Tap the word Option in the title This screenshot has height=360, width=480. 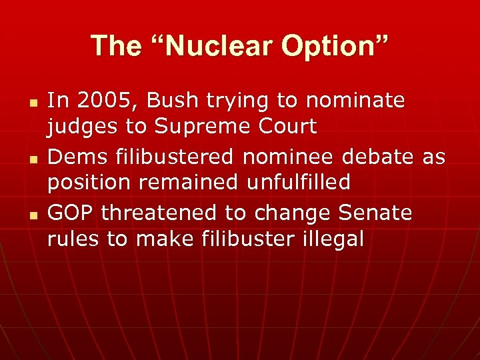[333, 45]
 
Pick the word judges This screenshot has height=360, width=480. [81, 127]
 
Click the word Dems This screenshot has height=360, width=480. [75, 157]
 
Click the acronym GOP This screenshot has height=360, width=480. [71, 213]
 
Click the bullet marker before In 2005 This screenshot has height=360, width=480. [31, 102]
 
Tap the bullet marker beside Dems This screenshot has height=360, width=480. [31, 158]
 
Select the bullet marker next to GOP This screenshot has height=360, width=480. [31, 214]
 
